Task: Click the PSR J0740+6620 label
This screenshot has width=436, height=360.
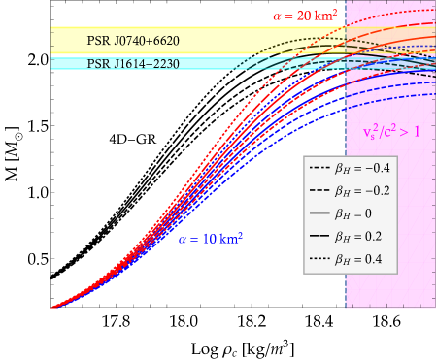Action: click(134, 42)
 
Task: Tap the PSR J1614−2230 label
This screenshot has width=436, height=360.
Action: click(134, 63)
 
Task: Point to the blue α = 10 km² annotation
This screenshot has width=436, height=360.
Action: click(210, 238)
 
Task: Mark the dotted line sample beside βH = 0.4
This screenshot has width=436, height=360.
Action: click(320, 257)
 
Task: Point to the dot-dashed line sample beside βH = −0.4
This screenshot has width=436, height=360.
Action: click(320, 168)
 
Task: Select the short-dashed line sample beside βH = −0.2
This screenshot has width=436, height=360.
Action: click(320, 190)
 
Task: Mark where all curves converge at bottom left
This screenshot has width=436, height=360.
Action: click(52, 308)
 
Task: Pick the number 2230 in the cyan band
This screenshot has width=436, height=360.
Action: click(163, 63)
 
